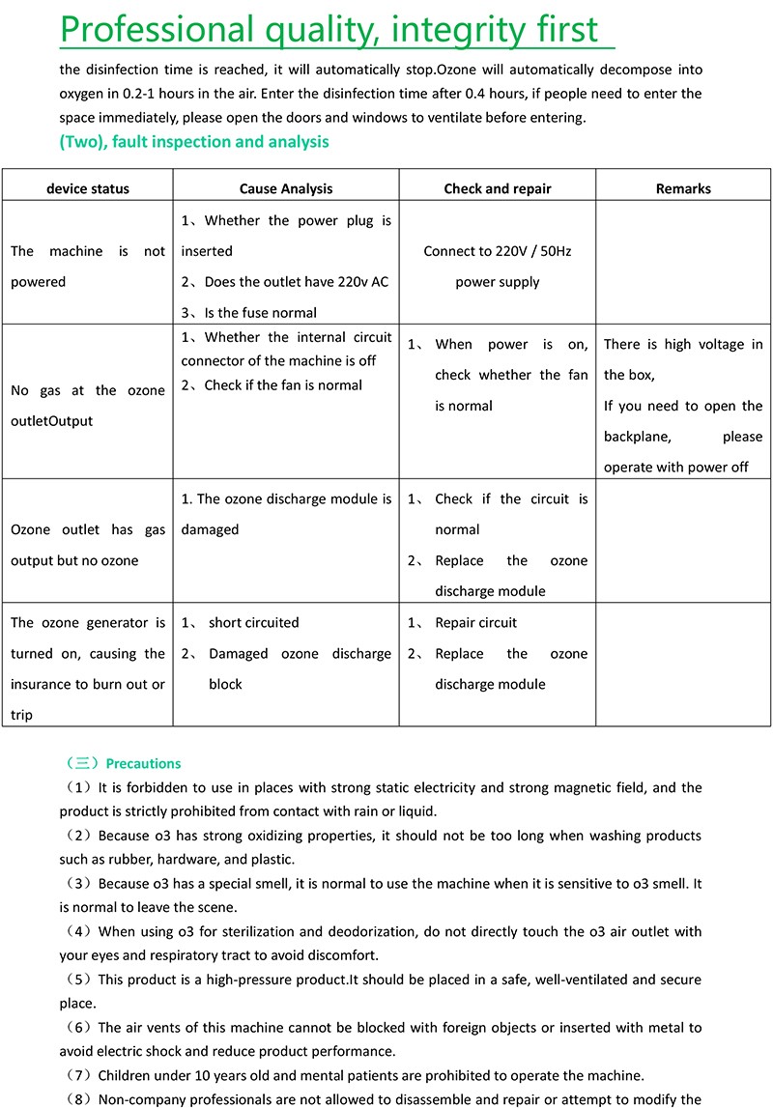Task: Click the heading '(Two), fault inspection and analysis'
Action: pos(194,142)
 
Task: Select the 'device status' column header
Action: pos(87,188)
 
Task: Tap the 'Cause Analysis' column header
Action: pos(285,188)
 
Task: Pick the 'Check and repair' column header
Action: pos(498,188)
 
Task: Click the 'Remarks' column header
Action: pos(683,188)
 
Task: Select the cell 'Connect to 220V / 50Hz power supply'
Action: pos(498,267)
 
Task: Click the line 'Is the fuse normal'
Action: pos(256,312)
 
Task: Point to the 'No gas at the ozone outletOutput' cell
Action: pos(87,406)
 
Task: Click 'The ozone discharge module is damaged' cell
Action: pos(285,514)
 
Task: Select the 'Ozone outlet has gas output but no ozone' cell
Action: pos(87,545)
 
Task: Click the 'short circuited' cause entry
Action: pos(253,623)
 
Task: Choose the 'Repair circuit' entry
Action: pos(475,623)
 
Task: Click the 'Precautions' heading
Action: pos(143,763)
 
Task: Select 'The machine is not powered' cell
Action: pos(87,267)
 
